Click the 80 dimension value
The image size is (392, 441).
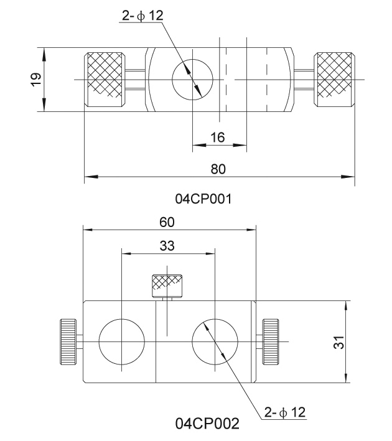coord(218,169)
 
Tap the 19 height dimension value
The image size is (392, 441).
coord(37,80)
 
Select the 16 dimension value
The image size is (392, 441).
coord(218,137)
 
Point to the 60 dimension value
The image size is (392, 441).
coord(167,222)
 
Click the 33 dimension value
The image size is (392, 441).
coord(167,246)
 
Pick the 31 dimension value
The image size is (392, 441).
coord(339,342)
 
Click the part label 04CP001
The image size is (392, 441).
coord(203,199)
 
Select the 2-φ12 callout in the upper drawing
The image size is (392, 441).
coord(142,16)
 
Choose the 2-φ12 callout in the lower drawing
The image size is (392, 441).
coord(285,412)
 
